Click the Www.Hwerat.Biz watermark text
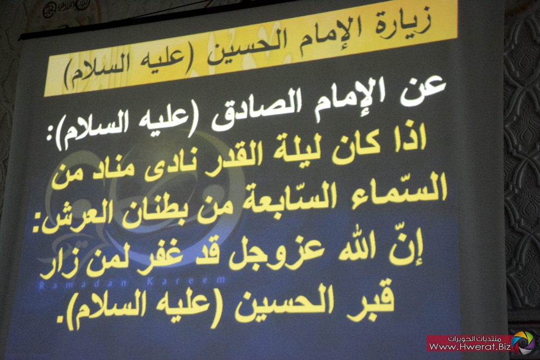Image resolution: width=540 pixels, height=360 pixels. [470, 347]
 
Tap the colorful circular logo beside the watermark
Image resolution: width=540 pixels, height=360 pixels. [523, 342]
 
